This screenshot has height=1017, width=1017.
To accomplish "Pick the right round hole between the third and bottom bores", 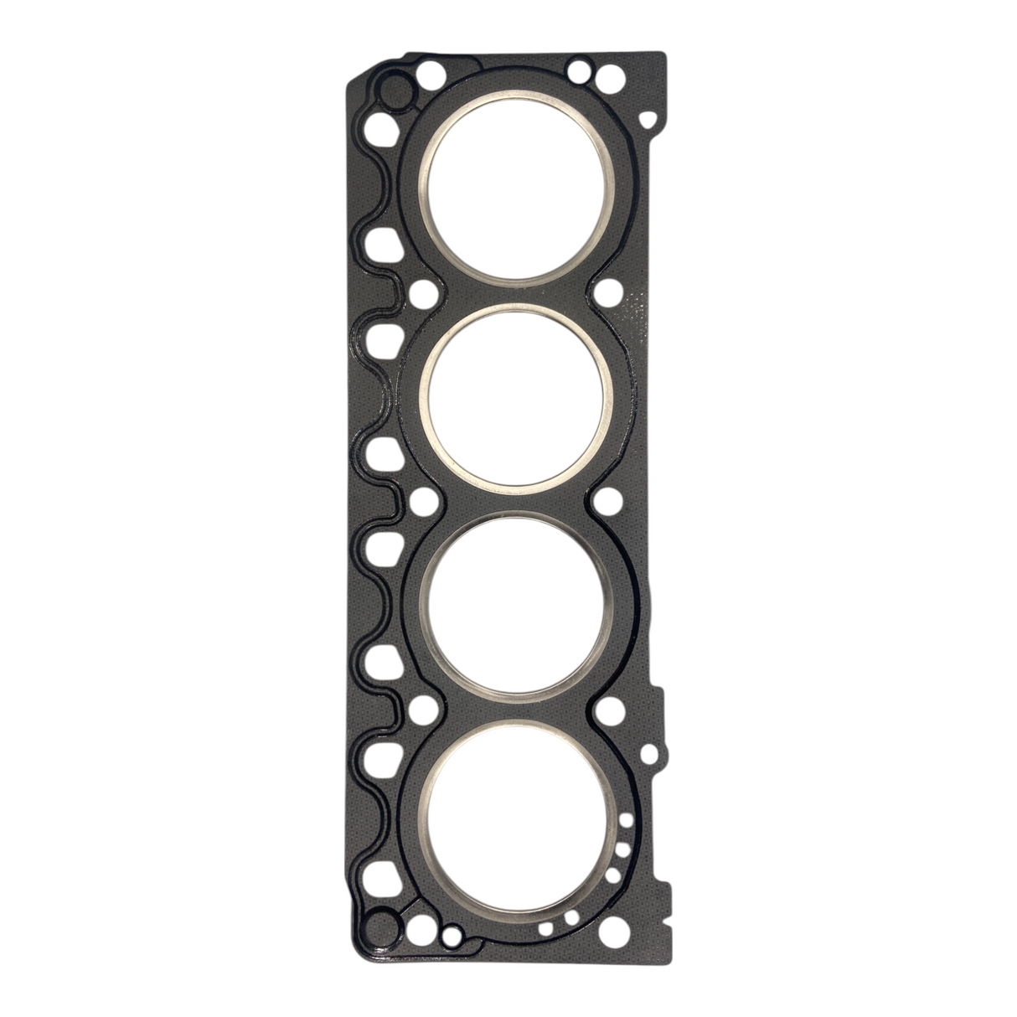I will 605,711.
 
